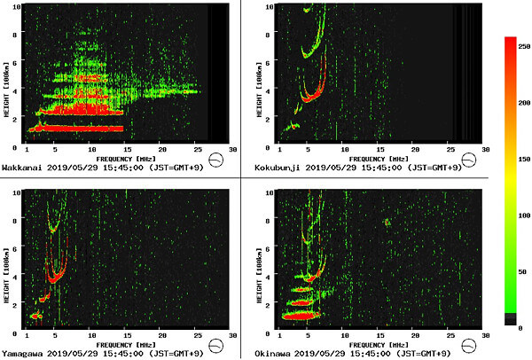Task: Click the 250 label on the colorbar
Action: click(x=523, y=41)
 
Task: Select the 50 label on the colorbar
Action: click(x=523, y=270)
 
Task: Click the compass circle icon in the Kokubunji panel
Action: click(x=471, y=161)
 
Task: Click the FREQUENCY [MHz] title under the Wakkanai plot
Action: click(x=129, y=157)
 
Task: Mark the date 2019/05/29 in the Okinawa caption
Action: click(x=335, y=352)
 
